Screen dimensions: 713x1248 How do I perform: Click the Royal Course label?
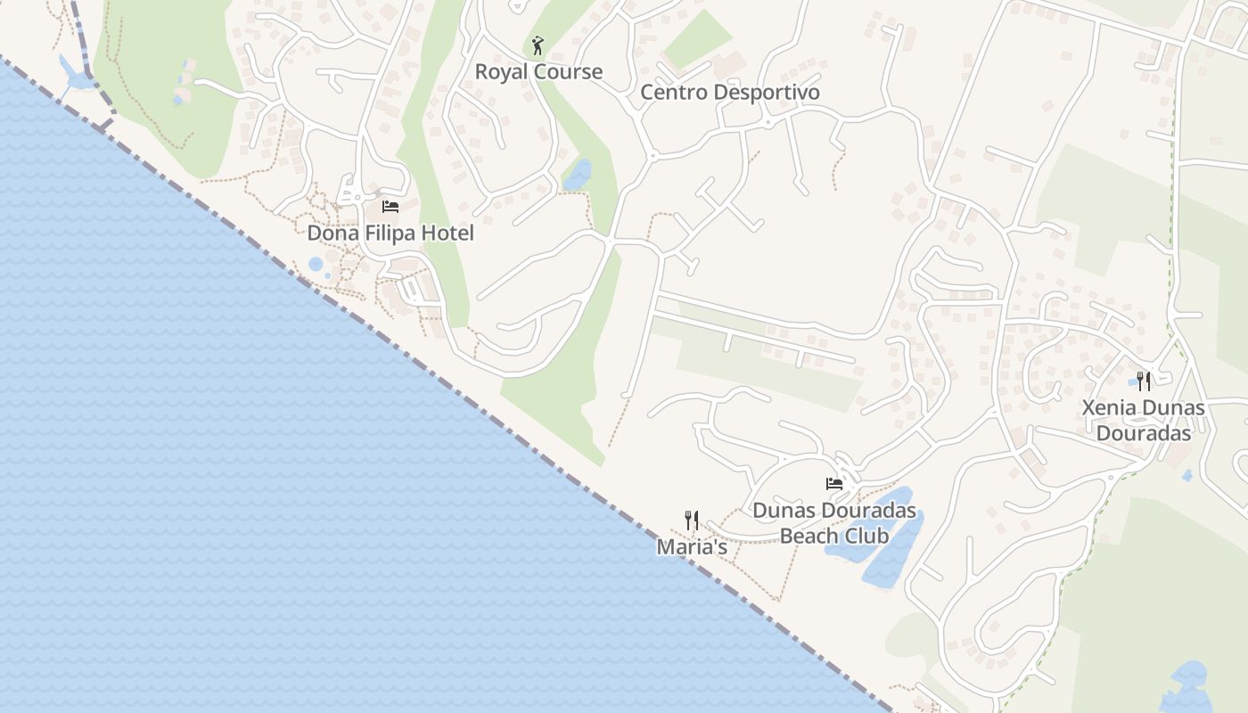538,72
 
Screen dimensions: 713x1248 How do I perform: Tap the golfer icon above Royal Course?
537,45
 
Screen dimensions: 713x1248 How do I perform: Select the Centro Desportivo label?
730,93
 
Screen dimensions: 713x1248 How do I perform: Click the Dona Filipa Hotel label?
390,234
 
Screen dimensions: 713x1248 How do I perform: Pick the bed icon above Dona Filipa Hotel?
390,207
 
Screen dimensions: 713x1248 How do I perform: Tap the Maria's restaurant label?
692,547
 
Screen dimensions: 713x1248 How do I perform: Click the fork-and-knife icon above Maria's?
692,520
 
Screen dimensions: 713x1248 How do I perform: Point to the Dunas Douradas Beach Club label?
834,523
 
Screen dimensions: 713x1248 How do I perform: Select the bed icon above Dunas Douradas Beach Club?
834,484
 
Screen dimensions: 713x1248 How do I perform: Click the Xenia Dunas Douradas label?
1144,421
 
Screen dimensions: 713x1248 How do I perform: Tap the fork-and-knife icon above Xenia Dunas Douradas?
1144,381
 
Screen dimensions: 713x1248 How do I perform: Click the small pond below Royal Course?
577,175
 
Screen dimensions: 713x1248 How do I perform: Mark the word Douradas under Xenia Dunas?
1144,434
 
